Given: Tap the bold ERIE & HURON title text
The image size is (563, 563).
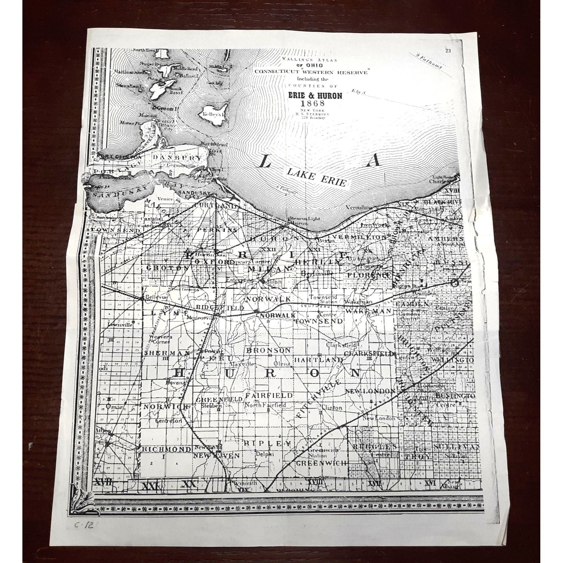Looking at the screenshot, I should tap(315, 95).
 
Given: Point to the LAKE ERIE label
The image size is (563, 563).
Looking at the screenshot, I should tap(316, 179).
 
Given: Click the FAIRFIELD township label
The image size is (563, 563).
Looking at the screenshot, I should tap(269, 395).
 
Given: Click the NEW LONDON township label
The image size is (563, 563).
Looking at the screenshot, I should tap(370, 391).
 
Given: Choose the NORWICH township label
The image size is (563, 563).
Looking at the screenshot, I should tap(166, 407).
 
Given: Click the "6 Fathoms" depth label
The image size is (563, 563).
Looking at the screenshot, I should tap(286, 190).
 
